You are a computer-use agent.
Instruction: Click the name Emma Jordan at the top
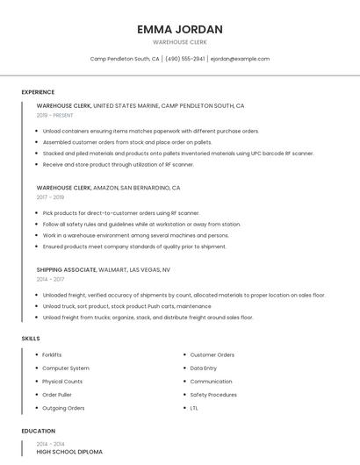point(180,29)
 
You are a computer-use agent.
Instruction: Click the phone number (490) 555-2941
point(184,59)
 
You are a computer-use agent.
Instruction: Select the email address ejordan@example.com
point(240,59)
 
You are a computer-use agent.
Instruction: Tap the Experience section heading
point(38,92)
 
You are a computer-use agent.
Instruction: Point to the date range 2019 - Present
point(54,115)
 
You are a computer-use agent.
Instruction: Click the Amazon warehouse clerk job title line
point(108,188)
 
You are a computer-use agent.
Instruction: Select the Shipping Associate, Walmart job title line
point(103,270)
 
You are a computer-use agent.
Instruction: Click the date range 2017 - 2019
point(50,197)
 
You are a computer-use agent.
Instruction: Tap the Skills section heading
point(30,338)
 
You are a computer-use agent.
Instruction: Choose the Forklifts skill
point(52,354)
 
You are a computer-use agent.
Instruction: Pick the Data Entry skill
point(204,368)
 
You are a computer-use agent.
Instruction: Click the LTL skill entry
point(194,408)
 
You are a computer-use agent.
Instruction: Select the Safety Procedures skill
point(213,395)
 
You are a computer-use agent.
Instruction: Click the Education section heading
point(38,432)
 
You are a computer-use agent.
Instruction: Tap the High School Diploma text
point(69,452)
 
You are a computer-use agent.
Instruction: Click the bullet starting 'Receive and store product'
point(118,164)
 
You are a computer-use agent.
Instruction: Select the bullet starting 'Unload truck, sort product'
point(126,306)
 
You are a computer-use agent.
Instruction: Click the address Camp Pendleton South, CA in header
point(125,59)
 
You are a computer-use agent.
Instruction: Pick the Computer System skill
point(65,368)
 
